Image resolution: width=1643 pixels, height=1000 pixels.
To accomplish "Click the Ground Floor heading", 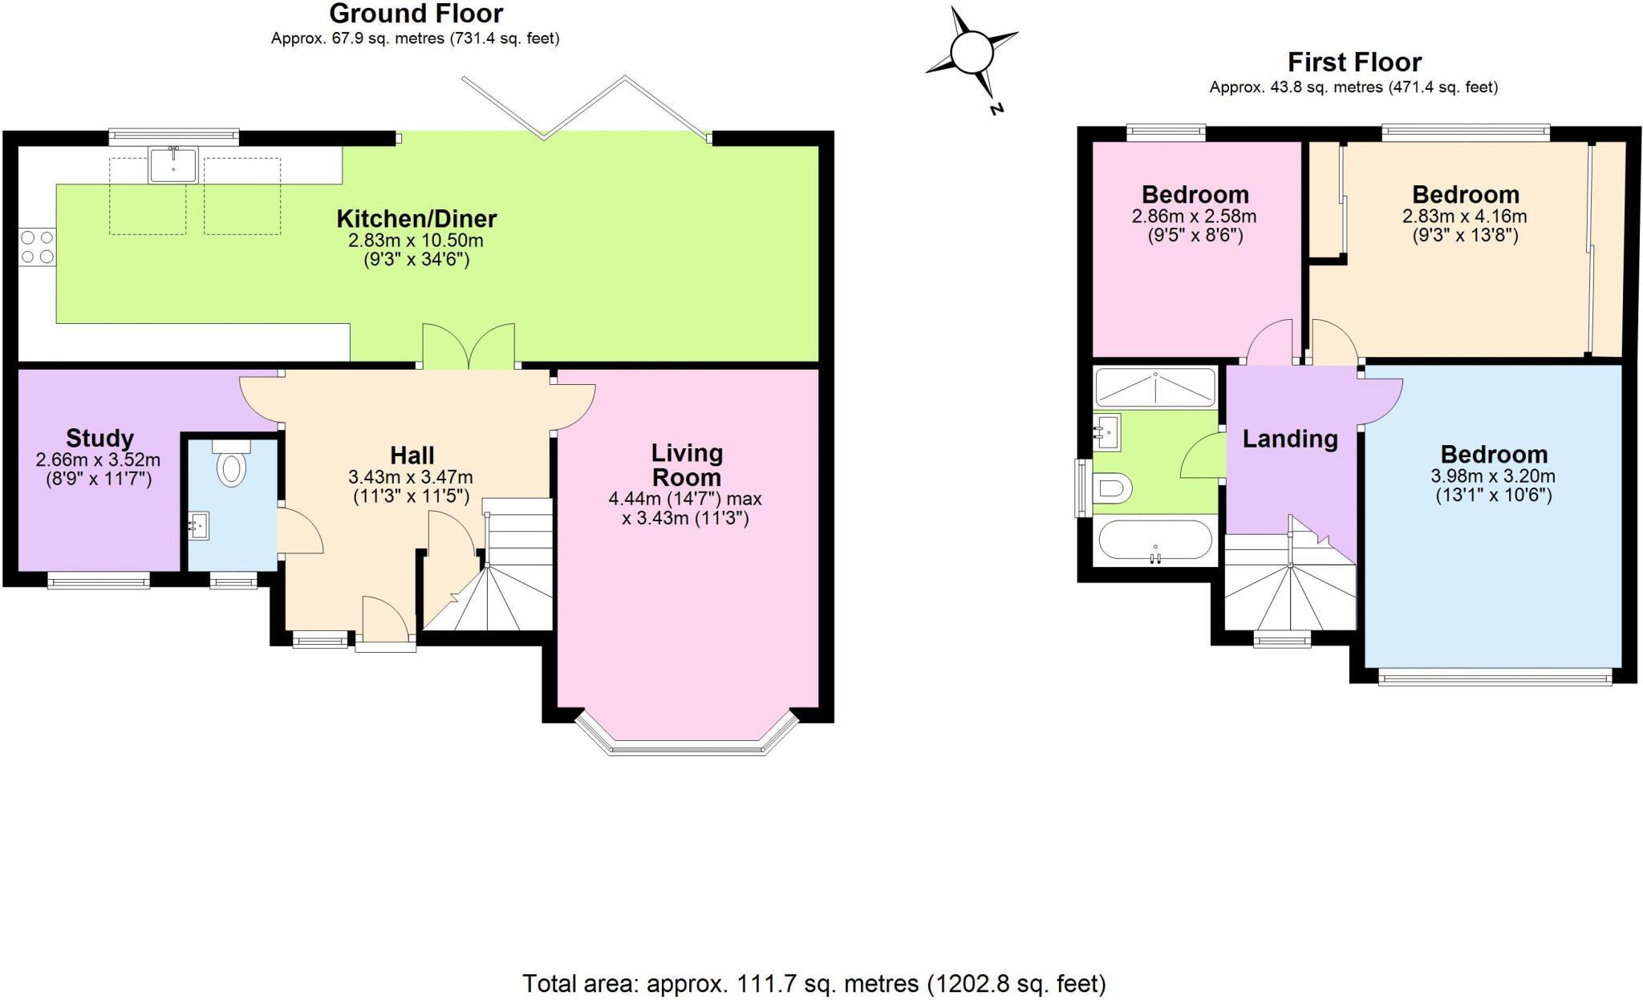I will tap(416, 14).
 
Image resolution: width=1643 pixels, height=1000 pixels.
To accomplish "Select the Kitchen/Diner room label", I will tap(416, 218).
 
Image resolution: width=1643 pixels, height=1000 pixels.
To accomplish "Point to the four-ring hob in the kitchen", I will tap(37, 246).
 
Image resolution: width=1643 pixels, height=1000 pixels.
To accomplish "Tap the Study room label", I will tap(99, 438).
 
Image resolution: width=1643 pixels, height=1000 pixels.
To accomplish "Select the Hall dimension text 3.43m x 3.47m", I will tap(410, 476).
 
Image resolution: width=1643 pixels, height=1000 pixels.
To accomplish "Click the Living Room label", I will tap(686, 465).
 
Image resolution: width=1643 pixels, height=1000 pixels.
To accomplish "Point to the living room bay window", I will tap(687, 743).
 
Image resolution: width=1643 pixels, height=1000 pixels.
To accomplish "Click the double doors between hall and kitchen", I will tap(469, 346).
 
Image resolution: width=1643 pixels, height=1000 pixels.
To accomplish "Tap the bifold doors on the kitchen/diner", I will tap(586, 108).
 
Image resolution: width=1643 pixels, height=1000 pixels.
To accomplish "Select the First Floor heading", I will tap(1353, 62).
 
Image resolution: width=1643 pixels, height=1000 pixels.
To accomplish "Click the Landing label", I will tap(1289, 439).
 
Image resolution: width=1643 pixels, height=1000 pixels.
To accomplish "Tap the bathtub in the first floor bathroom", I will tap(1154, 540).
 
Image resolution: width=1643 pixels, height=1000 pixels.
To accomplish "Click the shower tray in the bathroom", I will tap(1154, 387).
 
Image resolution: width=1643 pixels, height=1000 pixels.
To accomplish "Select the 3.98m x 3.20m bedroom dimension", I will tap(1492, 476).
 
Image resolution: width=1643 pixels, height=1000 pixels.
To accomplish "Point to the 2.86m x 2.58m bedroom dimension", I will tap(1194, 217).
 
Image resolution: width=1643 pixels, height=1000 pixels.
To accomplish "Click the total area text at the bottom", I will tap(813, 983).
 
